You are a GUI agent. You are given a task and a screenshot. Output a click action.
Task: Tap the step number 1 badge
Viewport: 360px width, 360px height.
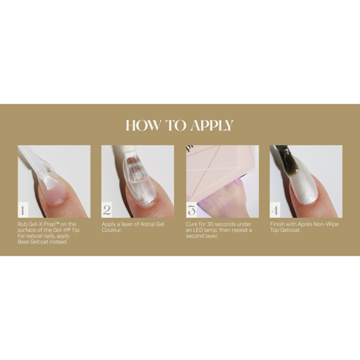(x=23, y=210)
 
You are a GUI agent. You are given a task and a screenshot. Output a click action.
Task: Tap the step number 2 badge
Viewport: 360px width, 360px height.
(x=106, y=210)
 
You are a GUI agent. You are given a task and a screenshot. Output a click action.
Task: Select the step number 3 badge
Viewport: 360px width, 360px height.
(x=191, y=210)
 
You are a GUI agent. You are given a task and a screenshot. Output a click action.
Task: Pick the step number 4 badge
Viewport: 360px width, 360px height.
(x=275, y=210)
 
